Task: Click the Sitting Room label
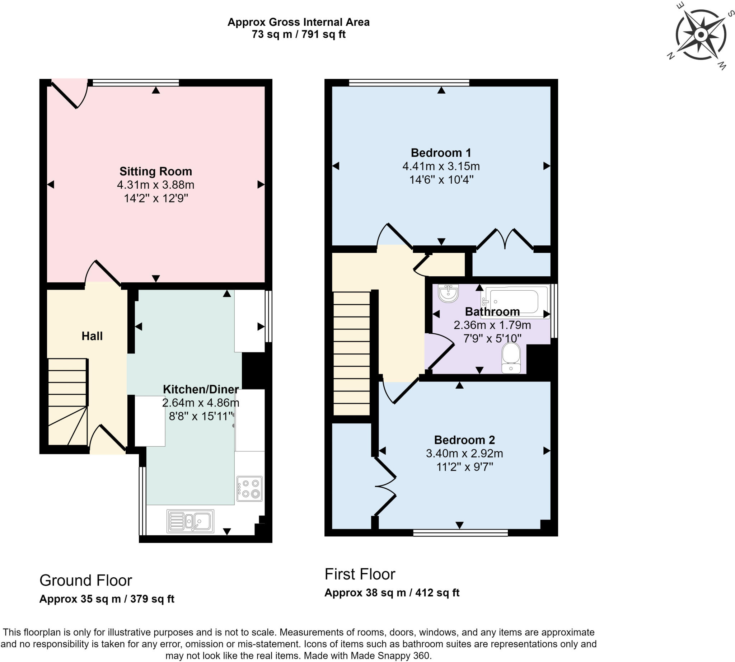155,171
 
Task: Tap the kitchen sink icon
190,521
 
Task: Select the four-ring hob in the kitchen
249,488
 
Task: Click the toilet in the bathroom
511,358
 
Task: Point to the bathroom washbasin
448,293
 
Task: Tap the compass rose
701,35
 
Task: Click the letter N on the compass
670,56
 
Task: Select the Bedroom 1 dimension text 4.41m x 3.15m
441,166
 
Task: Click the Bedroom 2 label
464,440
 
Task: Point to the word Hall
92,336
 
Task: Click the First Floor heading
360,574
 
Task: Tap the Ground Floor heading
85,580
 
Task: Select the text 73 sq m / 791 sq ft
298,34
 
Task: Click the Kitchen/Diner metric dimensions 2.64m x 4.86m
201,403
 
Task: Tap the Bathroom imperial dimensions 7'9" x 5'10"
492,338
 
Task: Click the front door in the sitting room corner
69,94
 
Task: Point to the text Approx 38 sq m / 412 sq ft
392,592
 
